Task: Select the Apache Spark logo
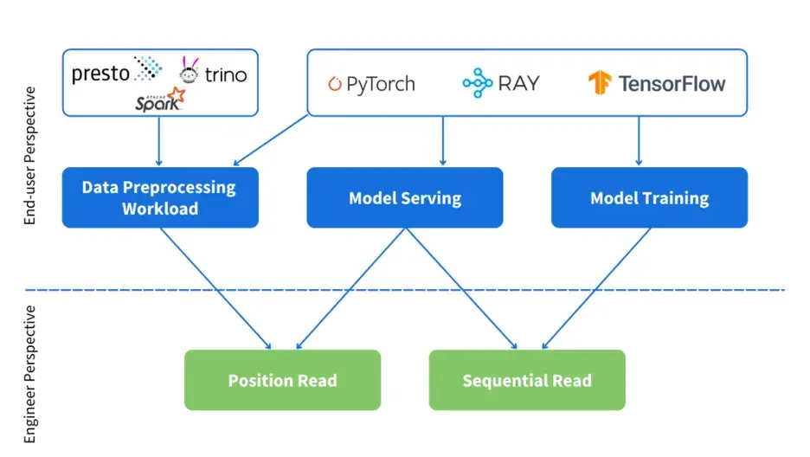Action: click(160, 100)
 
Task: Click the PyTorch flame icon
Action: click(335, 84)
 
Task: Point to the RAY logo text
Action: click(518, 83)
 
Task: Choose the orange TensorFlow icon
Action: click(600, 83)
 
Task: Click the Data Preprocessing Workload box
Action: click(160, 198)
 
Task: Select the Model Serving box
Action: click(405, 198)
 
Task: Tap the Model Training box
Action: click(649, 198)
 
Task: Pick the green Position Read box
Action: click(282, 380)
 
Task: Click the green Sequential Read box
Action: click(527, 380)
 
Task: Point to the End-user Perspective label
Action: click(30, 156)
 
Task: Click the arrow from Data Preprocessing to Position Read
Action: click(216, 289)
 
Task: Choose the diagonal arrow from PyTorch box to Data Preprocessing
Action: click(271, 139)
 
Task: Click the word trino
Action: click(226, 75)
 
